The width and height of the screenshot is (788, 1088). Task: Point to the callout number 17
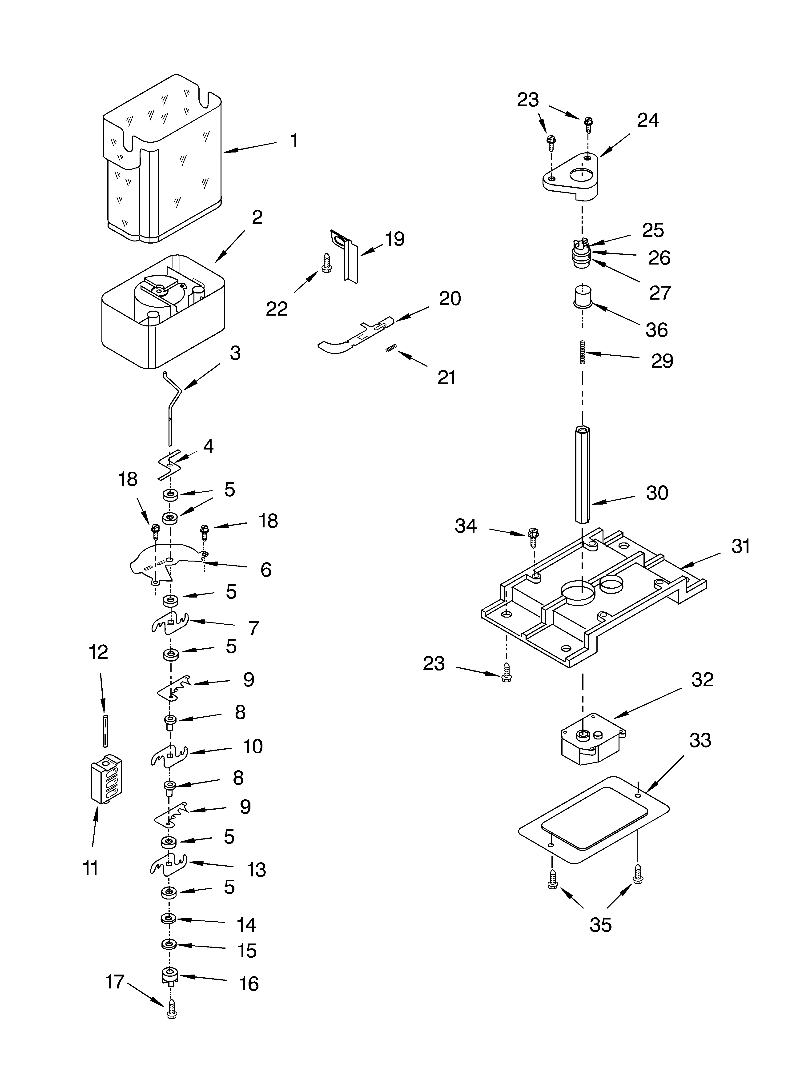[x=115, y=982]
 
